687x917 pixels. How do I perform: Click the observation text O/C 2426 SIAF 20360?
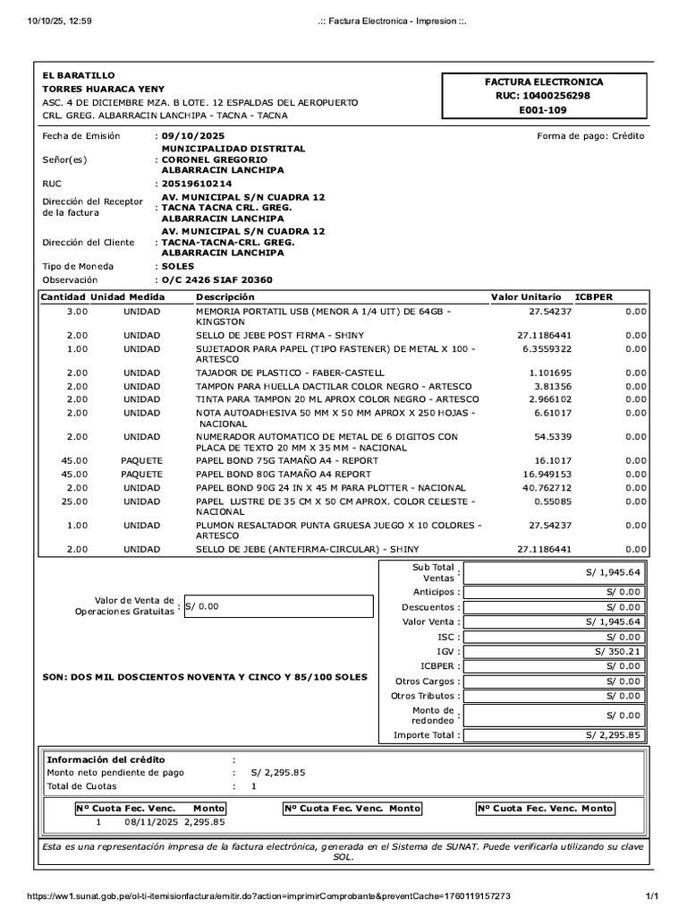217,280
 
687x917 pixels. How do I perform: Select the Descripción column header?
225,296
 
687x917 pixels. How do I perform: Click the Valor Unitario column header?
526,296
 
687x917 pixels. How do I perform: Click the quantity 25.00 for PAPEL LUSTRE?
77,501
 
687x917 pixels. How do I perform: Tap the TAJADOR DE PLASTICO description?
290,373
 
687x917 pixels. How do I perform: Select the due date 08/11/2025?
151,821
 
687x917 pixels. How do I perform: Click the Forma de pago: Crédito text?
589,136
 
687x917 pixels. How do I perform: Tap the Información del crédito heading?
106,759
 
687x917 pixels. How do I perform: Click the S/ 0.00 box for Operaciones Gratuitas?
277,606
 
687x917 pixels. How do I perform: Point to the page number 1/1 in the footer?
652,896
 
